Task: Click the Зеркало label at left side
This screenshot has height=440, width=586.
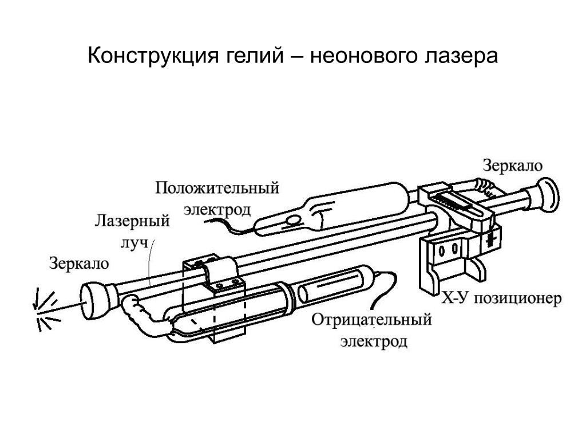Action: (78, 264)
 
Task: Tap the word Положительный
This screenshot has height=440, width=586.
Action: (217, 188)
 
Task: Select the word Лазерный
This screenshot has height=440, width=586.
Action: (132, 222)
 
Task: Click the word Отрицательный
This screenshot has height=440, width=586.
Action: (371, 320)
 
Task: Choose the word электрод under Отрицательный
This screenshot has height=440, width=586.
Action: (374, 342)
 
